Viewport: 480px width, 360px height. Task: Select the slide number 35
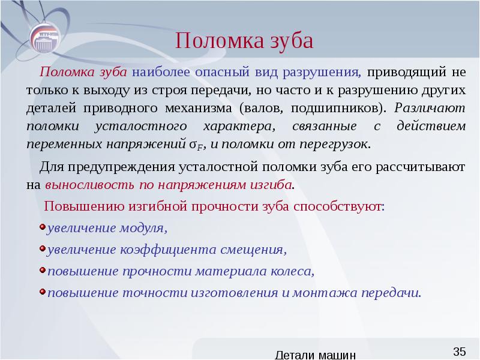coord(460,351)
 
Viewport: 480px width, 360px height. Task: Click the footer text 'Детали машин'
coord(318,355)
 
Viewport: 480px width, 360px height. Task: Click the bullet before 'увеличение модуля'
coord(41,227)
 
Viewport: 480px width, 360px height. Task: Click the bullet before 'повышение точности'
coord(41,292)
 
